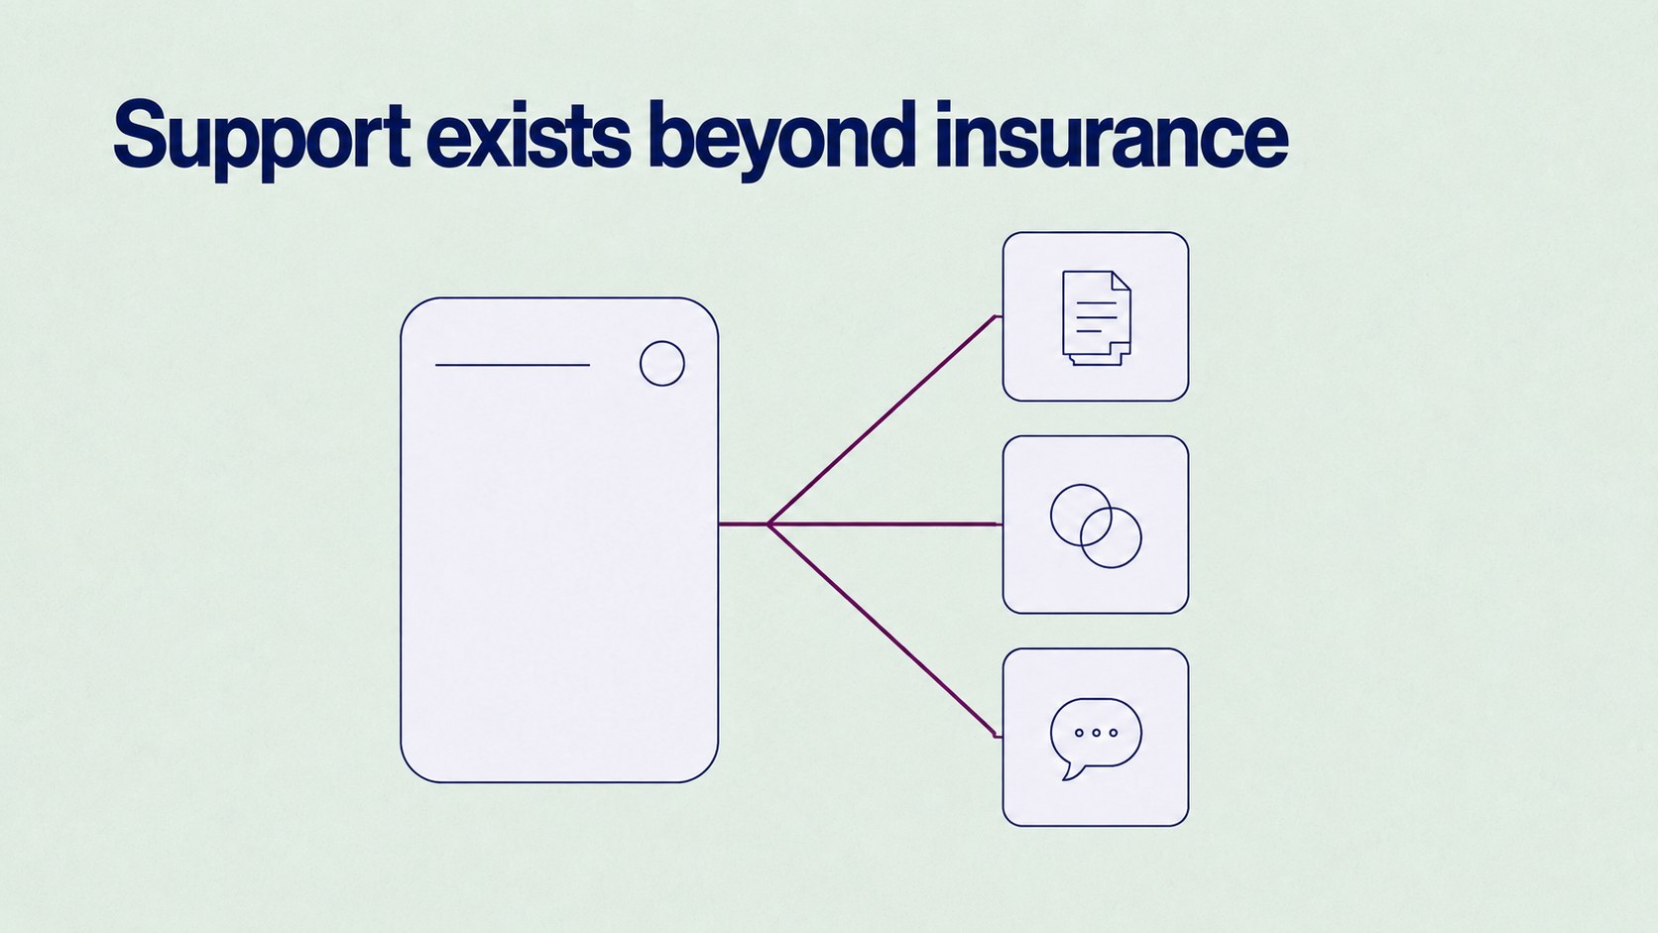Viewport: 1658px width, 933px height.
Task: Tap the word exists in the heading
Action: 529,135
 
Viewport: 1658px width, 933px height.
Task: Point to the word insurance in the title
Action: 1112,135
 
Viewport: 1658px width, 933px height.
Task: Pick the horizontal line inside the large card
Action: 513,365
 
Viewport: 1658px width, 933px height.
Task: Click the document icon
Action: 1096,317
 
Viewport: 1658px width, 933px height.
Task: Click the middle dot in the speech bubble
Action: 1096,733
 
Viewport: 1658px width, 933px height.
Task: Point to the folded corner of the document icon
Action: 1121,281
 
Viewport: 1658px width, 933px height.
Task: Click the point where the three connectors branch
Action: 770,524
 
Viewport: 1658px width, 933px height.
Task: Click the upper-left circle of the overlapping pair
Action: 1051,515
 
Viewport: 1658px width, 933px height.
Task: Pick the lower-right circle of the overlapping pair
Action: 1140,537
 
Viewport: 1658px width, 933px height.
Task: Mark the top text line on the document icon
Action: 1096,302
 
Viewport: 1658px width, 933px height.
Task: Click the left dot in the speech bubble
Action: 1079,733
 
